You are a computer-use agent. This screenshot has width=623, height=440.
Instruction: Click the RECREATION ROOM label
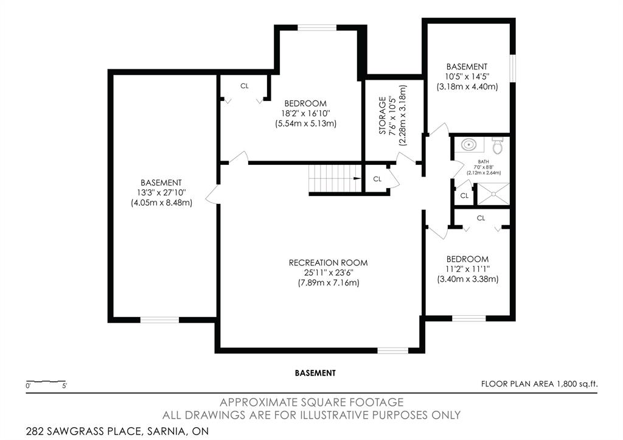(328, 263)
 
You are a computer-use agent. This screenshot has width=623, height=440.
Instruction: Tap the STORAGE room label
(382, 115)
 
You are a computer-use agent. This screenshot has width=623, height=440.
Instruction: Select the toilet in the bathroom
(498, 145)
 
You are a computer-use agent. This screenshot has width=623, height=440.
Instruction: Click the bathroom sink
(470, 144)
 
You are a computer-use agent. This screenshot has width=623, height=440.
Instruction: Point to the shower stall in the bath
(493, 194)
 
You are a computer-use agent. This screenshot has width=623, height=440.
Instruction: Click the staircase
(335, 178)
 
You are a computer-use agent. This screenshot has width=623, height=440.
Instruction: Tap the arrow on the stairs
(357, 178)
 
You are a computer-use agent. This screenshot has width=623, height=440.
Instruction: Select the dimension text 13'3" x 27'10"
(161, 193)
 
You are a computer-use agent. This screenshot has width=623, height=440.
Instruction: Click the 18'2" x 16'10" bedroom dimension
(305, 114)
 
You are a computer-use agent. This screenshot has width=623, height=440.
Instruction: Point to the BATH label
(484, 162)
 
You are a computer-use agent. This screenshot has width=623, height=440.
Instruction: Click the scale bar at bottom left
(46, 382)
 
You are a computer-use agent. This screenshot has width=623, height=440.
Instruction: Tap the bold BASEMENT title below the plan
(315, 373)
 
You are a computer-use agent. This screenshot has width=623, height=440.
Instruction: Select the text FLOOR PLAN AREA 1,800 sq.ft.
(539, 384)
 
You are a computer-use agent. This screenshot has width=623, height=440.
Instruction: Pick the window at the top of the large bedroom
(317, 27)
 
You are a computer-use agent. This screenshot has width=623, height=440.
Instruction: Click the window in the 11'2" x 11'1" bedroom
(469, 318)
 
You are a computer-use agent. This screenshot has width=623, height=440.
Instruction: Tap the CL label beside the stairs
(377, 180)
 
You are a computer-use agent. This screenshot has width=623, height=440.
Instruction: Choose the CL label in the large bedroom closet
(245, 86)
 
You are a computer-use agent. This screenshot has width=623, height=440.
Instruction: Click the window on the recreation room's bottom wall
(392, 351)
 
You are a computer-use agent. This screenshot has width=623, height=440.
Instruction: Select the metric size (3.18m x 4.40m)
(467, 86)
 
